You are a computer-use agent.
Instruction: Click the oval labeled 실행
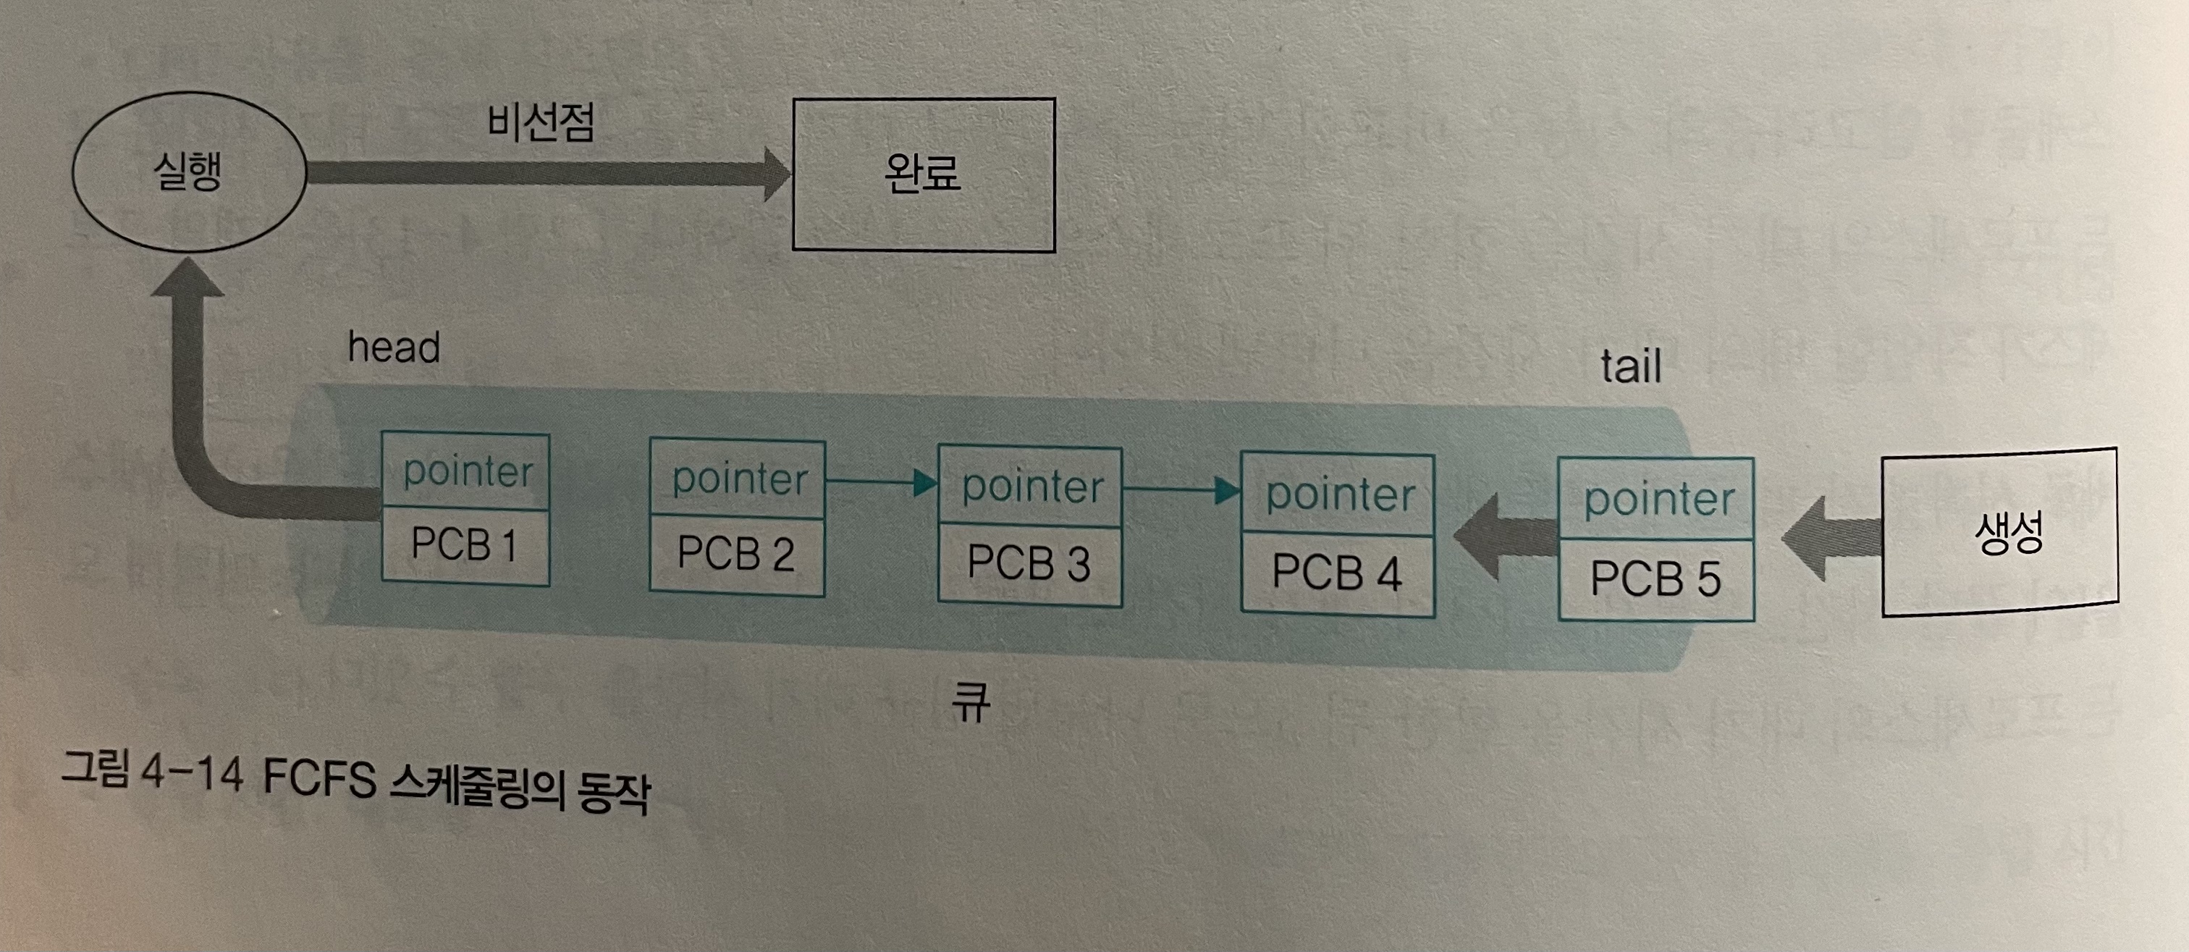click(x=189, y=172)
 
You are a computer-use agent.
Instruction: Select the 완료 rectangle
click(x=924, y=174)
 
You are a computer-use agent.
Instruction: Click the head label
click(x=395, y=347)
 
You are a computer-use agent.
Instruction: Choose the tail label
click(x=1631, y=367)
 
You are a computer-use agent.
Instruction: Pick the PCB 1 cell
click(x=465, y=545)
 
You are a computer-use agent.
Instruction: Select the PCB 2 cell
click(x=736, y=555)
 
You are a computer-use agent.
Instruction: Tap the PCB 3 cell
click(x=1029, y=563)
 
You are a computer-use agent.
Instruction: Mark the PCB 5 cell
click(x=1656, y=579)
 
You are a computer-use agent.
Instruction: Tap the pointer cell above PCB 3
click(x=1031, y=487)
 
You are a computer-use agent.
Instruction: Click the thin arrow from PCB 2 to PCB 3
click(x=881, y=483)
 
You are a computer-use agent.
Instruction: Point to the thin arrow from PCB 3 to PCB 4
click(x=1182, y=489)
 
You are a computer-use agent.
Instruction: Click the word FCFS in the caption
click(x=319, y=778)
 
